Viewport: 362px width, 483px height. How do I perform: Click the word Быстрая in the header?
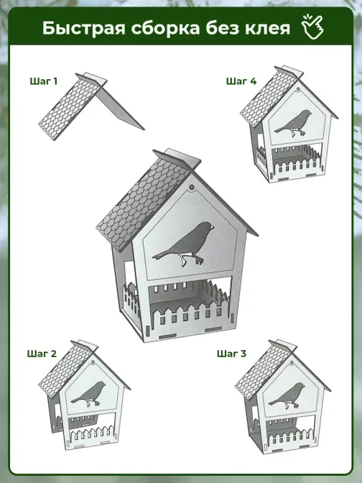tap(84, 28)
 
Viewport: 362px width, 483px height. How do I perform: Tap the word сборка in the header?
tap(166, 28)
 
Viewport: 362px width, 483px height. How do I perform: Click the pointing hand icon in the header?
tap(312, 27)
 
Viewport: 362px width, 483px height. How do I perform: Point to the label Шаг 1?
tap(43, 81)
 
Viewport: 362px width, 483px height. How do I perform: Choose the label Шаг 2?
tap(42, 354)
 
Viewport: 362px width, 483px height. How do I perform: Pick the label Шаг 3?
tap(231, 354)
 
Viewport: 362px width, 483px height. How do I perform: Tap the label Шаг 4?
tap(241, 81)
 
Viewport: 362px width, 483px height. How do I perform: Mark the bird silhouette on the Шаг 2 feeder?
tap(88, 394)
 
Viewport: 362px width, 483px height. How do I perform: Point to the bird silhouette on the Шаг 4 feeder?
tap(293, 123)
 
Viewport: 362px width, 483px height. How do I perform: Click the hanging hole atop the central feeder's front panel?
tap(192, 188)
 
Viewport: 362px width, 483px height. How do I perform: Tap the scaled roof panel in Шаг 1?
tap(69, 109)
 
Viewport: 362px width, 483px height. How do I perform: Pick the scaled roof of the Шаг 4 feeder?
tap(269, 97)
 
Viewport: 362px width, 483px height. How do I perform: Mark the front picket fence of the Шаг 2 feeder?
tap(93, 434)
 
